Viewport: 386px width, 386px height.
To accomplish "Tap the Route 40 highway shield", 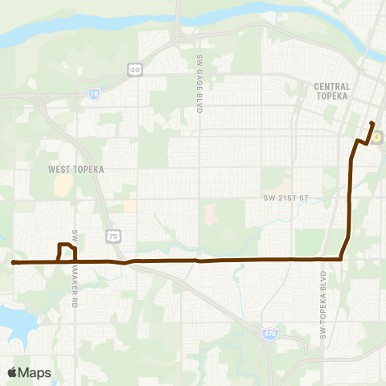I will pyautogui.click(x=134, y=70).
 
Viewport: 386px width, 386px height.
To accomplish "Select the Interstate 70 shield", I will pyautogui.click(x=94, y=93).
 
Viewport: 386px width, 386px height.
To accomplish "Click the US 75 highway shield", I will pyautogui.click(x=113, y=234).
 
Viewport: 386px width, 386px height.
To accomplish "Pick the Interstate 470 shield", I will pyautogui.click(x=270, y=332).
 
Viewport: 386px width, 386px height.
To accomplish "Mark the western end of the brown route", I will pyautogui.click(x=14, y=262).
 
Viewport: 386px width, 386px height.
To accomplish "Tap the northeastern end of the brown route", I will pyautogui.click(x=372, y=123).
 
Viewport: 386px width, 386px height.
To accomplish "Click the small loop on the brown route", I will pyautogui.click(x=67, y=252).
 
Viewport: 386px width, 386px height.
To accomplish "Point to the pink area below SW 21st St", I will pyautogui.click(x=211, y=215).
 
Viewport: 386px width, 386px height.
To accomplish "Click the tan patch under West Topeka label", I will pyautogui.click(x=62, y=186).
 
